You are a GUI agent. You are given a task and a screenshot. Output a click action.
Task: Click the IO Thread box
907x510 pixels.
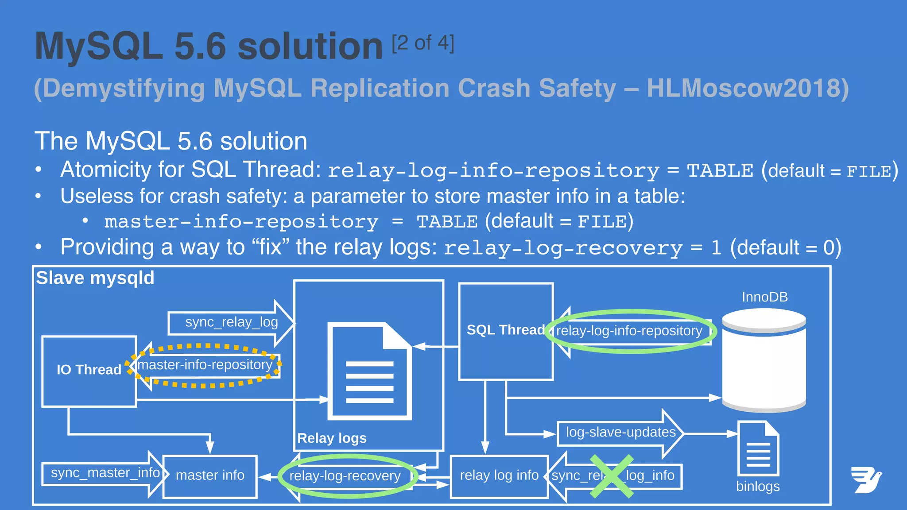[89, 371]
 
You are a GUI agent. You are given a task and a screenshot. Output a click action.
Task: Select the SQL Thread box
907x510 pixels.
[506, 331]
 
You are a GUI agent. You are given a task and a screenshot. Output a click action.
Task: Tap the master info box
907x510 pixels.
[210, 476]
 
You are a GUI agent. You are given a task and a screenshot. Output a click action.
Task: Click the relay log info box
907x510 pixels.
[499, 476]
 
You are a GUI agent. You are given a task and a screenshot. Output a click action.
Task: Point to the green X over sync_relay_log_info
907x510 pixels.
[612, 476]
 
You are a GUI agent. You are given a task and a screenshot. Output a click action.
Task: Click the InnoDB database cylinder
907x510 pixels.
[764, 361]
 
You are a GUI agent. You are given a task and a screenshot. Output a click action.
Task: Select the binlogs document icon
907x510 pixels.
[758, 449]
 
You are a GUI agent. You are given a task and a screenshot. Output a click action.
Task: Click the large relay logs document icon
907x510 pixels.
[369, 372]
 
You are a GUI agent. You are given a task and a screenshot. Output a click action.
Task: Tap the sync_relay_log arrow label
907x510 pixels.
[231, 322]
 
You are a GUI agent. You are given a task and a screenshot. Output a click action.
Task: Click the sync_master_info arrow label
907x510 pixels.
[105, 473]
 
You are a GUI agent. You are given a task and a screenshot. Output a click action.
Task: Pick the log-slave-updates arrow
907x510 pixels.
[620, 433]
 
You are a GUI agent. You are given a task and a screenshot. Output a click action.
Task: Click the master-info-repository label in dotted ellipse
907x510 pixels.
[205, 365]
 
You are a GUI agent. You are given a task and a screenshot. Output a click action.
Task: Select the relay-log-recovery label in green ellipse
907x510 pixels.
[345, 476]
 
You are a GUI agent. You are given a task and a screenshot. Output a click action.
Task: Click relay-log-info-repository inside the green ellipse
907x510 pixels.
[629, 331]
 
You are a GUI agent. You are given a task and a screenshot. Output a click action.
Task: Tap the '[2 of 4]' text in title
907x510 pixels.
[423, 43]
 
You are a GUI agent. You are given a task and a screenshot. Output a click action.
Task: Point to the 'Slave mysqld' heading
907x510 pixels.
[95, 278]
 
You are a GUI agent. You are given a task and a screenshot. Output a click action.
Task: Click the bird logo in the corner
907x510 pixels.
[866, 479]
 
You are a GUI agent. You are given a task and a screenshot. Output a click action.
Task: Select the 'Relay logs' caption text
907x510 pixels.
[332, 438]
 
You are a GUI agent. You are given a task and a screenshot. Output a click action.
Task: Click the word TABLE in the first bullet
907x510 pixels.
[720, 171]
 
